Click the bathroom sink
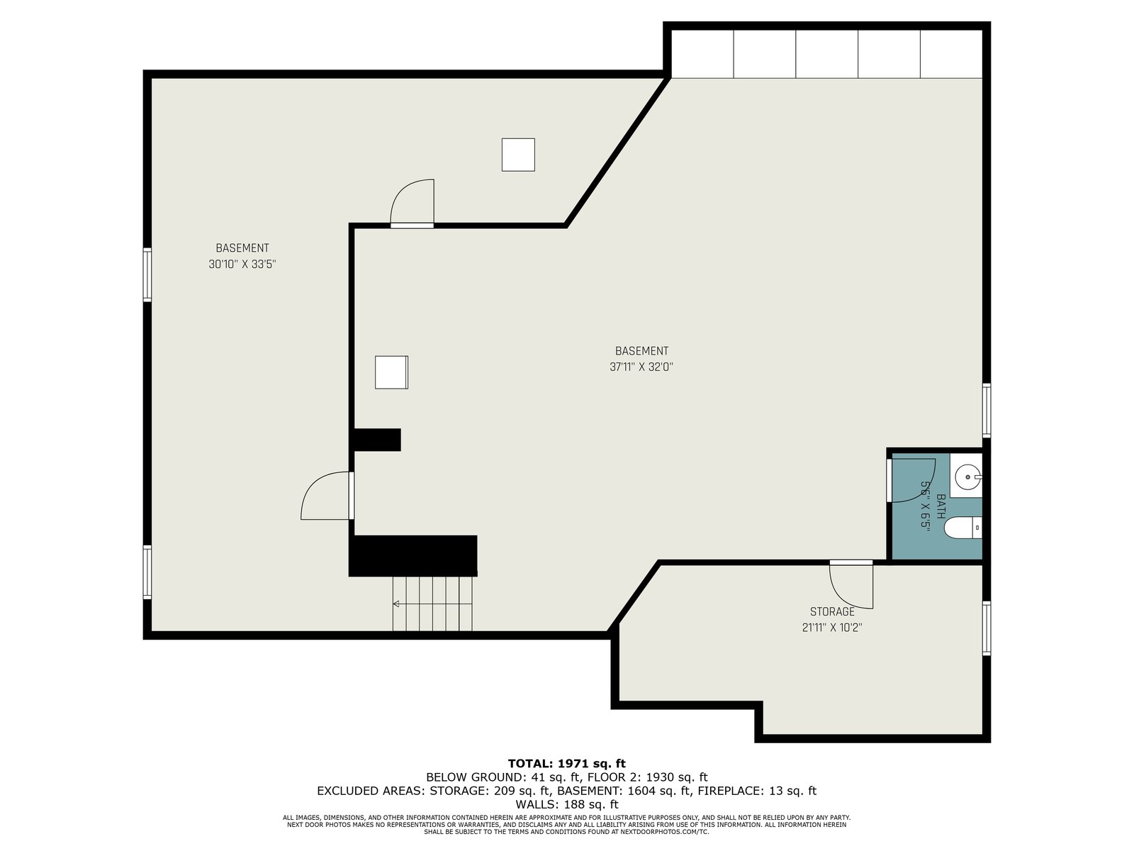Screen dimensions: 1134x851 point(965,476)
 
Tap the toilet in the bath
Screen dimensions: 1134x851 point(962,528)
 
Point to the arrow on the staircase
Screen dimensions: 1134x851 point(432,604)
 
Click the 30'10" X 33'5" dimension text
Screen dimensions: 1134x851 point(242,265)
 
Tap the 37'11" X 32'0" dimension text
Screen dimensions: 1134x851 point(641,367)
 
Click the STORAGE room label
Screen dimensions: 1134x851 point(832,612)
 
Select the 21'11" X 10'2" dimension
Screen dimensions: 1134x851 point(832,628)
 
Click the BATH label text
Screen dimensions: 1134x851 point(941,506)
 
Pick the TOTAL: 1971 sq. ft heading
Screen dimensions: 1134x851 point(567,763)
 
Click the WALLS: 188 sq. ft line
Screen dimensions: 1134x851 point(567,804)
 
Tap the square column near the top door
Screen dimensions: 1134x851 point(518,155)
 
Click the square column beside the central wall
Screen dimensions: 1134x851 point(392,372)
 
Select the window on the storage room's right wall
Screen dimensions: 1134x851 point(987,628)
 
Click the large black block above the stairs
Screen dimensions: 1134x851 point(412,555)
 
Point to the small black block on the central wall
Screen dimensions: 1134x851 point(377,440)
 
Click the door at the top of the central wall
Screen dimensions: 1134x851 point(412,203)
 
